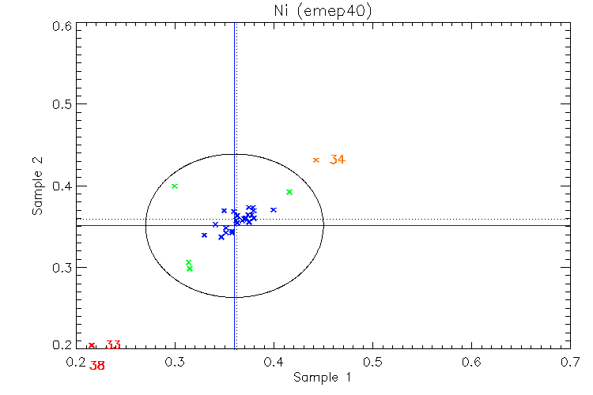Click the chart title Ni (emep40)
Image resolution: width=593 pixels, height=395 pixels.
[323, 11]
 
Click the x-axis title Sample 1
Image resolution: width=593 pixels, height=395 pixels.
[323, 378]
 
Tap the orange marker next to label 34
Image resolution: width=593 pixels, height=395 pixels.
[316, 160]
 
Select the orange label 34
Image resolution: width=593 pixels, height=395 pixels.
[338, 160]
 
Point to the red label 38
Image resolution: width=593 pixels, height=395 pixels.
[97, 366]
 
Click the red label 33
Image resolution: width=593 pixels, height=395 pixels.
[113, 345]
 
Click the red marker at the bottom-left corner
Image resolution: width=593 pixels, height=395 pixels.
[92, 345]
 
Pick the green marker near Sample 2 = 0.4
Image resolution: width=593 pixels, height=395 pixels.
[175, 186]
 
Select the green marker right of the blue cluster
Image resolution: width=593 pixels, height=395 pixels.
[289, 192]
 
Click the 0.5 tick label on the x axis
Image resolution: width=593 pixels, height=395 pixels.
[372, 361]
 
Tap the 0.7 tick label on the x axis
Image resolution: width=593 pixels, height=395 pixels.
[570, 361]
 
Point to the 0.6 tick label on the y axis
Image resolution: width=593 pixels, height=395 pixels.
[62, 26]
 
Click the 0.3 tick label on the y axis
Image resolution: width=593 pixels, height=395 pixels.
[62, 268]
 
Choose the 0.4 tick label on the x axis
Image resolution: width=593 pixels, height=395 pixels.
[274, 361]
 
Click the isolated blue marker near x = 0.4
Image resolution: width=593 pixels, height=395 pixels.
[274, 210]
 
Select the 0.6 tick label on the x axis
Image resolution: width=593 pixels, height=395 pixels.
[472, 361]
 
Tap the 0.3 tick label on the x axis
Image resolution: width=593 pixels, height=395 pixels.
[176, 361]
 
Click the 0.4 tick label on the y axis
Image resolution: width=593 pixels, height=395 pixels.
[62, 186]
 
